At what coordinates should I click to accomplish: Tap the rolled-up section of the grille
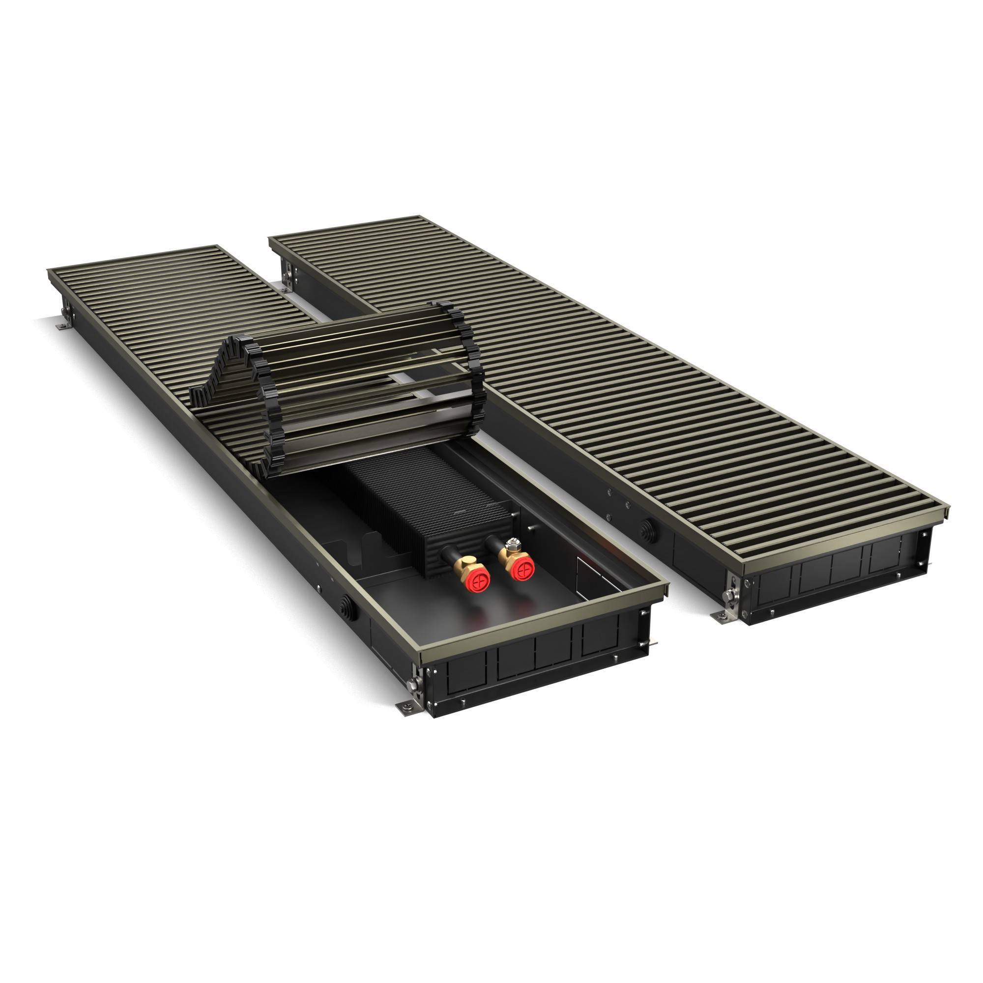(336, 387)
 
